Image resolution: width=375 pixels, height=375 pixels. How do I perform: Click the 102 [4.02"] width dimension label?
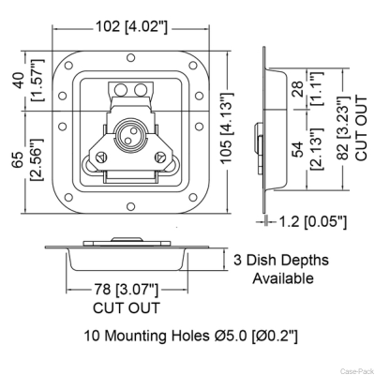[x=131, y=26]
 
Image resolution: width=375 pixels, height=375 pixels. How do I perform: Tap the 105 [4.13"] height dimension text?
[x=226, y=127]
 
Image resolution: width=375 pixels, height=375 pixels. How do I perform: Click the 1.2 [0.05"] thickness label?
[x=312, y=222]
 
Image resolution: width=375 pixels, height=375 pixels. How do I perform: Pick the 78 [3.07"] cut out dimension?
[x=127, y=290]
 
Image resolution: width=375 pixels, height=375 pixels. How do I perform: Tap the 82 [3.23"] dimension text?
[x=344, y=128]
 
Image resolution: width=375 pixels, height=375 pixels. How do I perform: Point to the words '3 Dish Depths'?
[x=281, y=260]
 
